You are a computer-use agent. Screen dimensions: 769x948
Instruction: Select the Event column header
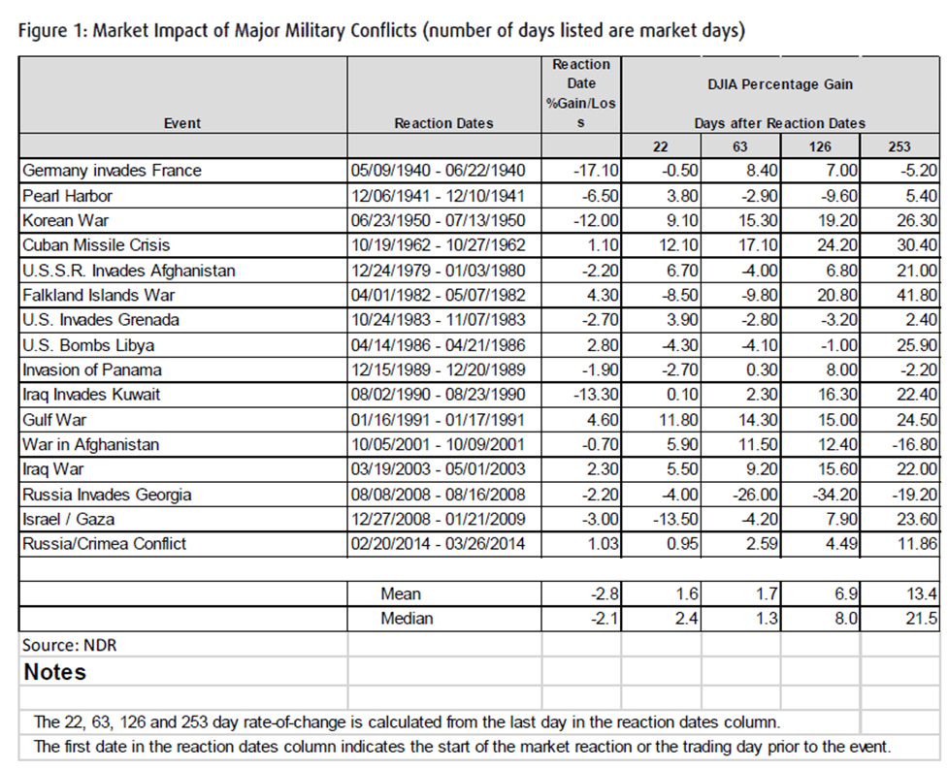tap(182, 123)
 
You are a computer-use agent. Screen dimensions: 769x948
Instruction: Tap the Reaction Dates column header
tap(443, 123)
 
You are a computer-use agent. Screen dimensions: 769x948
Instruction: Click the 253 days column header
tap(899, 146)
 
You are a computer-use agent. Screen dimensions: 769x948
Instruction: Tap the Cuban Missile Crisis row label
tap(96, 245)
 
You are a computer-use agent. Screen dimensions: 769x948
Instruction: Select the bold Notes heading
tap(55, 672)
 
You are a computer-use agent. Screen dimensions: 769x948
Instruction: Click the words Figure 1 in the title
tap(51, 31)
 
